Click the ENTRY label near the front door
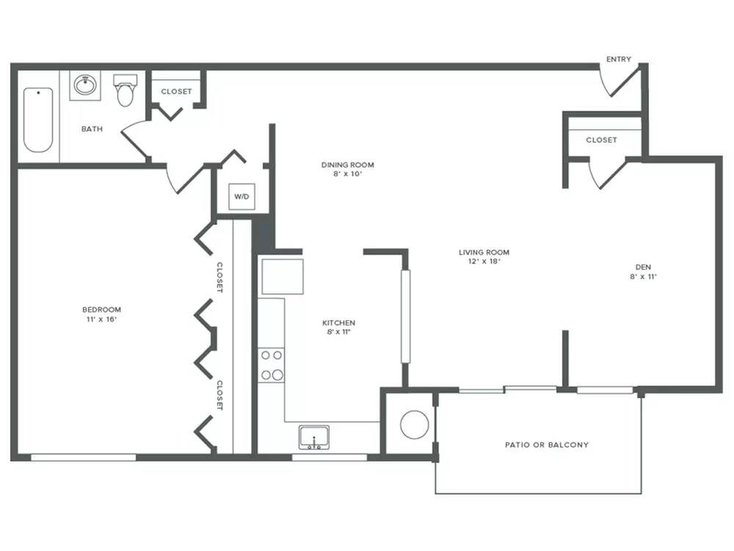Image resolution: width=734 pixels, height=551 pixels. pyautogui.click(x=618, y=59)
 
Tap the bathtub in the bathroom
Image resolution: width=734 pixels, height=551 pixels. pyautogui.click(x=38, y=120)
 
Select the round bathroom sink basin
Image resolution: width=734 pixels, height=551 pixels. pyautogui.click(x=85, y=85)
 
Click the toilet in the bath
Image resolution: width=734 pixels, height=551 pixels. pyautogui.click(x=126, y=90)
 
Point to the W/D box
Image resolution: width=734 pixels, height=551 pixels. pyautogui.click(x=241, y=197)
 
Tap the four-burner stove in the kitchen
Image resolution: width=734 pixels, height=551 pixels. pyautogui.click(x=271, y=365)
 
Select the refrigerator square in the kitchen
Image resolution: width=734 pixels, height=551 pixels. pyautogui.click(x=283, y=276)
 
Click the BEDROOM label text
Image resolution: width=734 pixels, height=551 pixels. pyautogui.click(x=101, y=310)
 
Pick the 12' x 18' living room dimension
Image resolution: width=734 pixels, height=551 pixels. pyautogui.click(x=484, y=262)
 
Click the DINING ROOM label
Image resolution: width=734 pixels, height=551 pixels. pyautogui.click(x=347, y=165)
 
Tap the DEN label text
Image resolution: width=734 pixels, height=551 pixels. pyautogui.click(x=643, y=267)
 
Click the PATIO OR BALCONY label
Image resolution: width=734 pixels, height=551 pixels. pyautogui.click(x=547, y=444)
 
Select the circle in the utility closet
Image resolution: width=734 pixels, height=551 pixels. pyautogui.click(x=414, y=425)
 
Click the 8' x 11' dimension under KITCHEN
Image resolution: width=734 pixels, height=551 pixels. pyautogui.click(x=339, y=332)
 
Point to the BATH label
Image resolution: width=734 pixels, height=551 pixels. pyautogui.click(x=92, y=129)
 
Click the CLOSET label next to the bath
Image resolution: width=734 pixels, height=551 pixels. pyautogui.click(x=176, y=91)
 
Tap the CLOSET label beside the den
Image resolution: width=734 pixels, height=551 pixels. pyautogui.click(x=602, y=140)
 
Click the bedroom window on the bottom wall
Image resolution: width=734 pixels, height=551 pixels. pyautogui.click(x=84, y=457)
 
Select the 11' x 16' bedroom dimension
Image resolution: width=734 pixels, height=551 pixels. pyautogui.click(x=101, y=320)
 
